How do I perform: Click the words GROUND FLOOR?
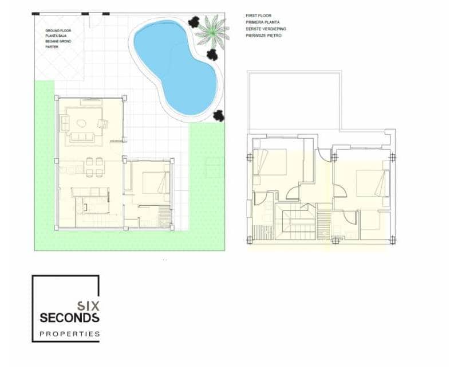[58, 30]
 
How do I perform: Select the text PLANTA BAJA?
[57, 36]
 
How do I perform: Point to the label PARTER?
[52, 47]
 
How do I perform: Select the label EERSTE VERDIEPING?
[266, 29]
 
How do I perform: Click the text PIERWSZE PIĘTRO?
[263, 36]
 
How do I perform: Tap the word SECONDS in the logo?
[69, 318]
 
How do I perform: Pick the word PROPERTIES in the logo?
[69, 334]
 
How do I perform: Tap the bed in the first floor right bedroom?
[373, 183]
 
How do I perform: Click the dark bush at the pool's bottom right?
[219, 116]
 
